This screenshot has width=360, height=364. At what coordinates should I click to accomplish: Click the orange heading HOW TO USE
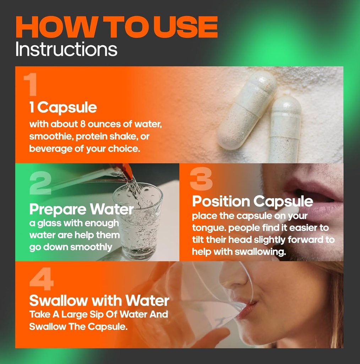[116, 27]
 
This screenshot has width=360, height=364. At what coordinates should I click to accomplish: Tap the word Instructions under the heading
[66, 49]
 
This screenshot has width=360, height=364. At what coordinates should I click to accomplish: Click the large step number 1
[31, 84]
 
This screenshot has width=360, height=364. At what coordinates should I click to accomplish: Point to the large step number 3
[201, 179]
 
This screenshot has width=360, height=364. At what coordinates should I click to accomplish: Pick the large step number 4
[42, 279]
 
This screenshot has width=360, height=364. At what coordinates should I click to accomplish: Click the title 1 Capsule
[63, 108]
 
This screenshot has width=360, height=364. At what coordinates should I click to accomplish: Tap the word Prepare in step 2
[58, 210]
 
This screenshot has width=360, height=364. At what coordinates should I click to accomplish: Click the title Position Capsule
[252, 202]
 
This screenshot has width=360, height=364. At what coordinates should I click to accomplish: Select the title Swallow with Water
[99, 300]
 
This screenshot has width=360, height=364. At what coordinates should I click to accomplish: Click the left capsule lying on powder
[247, 110]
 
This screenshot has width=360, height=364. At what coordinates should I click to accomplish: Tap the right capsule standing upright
[285, 129]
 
